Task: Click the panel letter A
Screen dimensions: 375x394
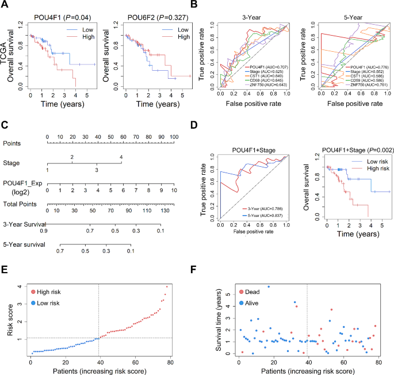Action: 5,5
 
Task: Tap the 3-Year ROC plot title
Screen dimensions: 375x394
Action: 250,17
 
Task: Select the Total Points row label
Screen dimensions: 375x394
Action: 21,204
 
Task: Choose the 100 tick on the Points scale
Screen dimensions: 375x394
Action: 173,137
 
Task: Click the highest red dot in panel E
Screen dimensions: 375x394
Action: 167,286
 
